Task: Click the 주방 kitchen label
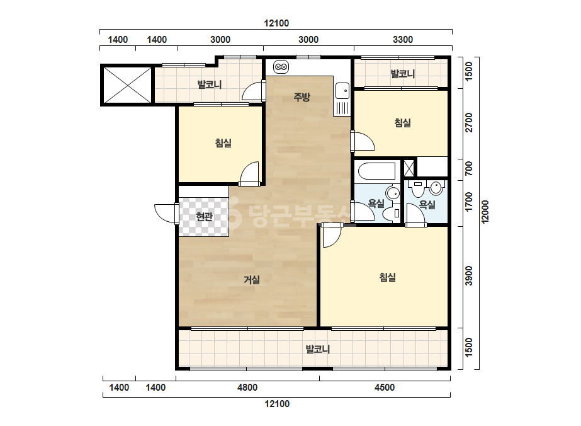302,97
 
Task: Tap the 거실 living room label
252,280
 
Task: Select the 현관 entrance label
204,216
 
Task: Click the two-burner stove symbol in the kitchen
281,67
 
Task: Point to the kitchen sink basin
342,91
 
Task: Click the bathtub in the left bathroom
377,171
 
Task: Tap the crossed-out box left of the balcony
127,85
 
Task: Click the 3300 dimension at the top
403,40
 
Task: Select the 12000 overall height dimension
485,212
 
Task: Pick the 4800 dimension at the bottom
247,388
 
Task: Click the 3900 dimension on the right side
469,276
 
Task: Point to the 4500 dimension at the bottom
385,388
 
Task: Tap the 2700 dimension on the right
469,122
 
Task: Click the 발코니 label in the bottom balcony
317,349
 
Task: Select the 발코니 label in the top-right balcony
403,74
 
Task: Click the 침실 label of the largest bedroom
388,277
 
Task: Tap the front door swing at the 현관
166,214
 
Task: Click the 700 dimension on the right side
469,168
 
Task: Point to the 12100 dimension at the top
276,23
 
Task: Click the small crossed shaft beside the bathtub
409,168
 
